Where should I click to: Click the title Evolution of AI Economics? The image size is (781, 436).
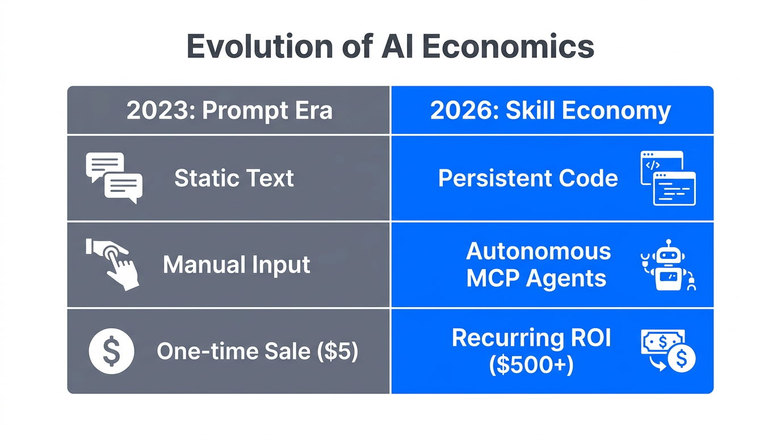tap(390, 47)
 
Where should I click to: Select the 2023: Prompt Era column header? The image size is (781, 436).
tap(229, 111)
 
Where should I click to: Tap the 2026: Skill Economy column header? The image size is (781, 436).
tap(550, 111)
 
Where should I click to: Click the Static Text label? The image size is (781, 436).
tap(234, 178)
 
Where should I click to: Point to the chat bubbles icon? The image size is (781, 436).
tap(114, 178)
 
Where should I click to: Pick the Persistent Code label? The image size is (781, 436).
tap(528, 178)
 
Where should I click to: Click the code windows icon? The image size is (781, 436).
tap(668, 178)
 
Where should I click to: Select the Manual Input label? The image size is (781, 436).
tap(236, 265)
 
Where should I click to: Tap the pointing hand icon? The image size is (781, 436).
tap(113, 264)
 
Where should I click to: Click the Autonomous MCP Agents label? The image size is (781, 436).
tap(538, 265)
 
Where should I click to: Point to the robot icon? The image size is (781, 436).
tap(668, 265)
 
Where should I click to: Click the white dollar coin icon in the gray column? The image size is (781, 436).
tap(112, 351)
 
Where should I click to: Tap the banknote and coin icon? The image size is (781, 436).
tap(668, 351)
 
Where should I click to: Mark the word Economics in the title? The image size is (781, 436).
tap(508, 47)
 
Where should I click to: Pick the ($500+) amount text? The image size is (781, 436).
tap(531, 365)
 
